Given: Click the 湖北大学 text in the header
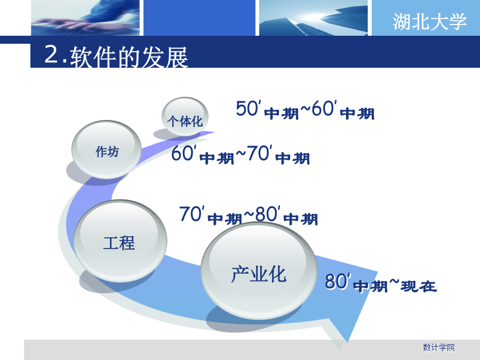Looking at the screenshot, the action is pos(429,21).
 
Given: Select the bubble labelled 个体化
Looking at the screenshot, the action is pos(185,117).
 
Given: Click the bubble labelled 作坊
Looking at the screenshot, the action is pos(107,149).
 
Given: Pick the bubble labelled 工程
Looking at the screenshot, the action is pos(120,241).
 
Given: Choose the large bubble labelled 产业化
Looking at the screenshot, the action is pos(259,271).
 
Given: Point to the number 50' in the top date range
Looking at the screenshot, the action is pos(248,108).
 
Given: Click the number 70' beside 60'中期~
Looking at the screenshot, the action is pos(259,153).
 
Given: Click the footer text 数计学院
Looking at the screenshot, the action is pos(439,347).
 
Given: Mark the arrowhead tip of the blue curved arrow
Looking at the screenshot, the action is pos(347,342).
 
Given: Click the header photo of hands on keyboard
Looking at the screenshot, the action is pos(85,18).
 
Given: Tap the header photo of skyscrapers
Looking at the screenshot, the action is pos(313,18).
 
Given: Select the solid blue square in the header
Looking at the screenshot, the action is pos(199,18).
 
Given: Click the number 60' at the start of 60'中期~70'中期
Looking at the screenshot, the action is pos(183,153).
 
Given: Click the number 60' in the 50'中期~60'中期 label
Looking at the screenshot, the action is pos(324,108).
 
